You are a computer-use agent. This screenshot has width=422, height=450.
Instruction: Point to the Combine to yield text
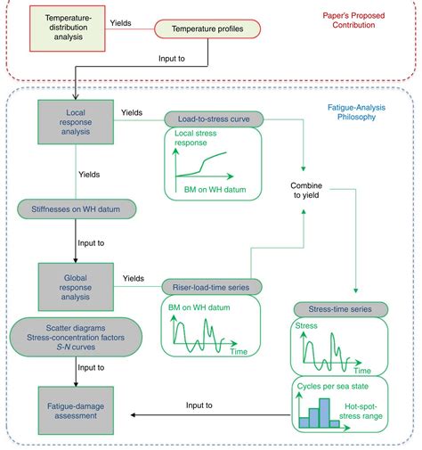305,189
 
